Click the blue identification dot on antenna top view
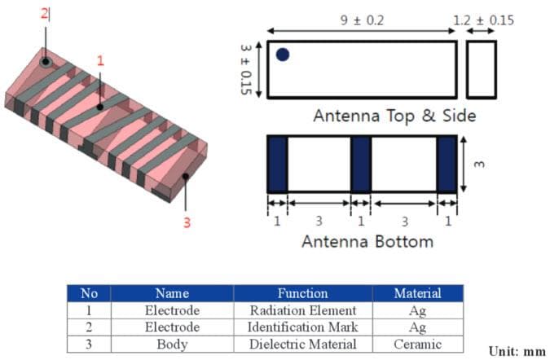pyautogui.click(x=283, y=55)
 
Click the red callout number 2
pyautogui.click(x=45, y=14)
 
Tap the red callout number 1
pyautogui.click(x=101, y=60)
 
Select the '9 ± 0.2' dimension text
pyautogui.click(x=361, y=18)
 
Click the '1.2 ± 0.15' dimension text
pyautogui.click(x=484, y=20)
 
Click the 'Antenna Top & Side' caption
pyautogui.click(x=394, y=116)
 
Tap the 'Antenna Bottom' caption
pyautogui.click(x=367, y=241)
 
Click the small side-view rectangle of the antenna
pyautogui.click(x=482, y=69)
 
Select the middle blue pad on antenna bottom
pyautogui.click(x=361, y=164)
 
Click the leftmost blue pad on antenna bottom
pyautogui.click(x=278, y=164)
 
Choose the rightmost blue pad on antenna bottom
pyautogui.click(x=447, y=164)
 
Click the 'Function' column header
pyautogui.click(x=302, y=293)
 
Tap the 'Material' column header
pyautogui.click(x=417, y=293)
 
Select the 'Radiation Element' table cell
pyautogui.click(x=302, y=310)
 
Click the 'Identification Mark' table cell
pyautogui.click(x=302, y=327)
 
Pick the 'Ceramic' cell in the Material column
pyautogui.click(x=417, y=344)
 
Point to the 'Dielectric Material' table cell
pyautogui.click(x=302, y=344)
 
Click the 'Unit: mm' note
pyautogui.click(x=516, y=350)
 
